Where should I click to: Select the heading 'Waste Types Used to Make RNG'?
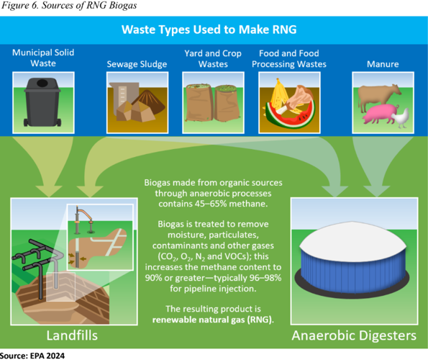coord(214,30)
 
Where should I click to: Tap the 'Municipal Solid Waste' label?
coord(43,58)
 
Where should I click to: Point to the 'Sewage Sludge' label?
coord(137,64)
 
